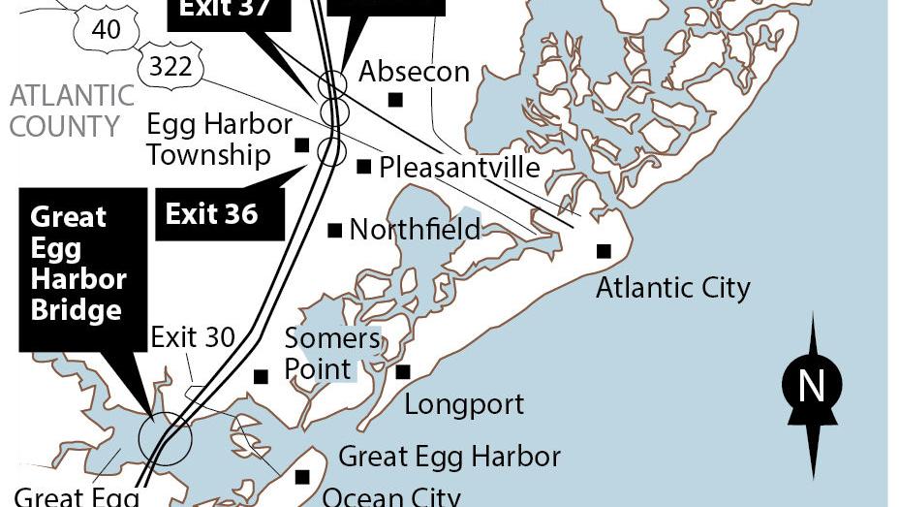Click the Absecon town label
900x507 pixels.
[x=414, y=72]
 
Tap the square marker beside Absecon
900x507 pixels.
[x=395, y=99]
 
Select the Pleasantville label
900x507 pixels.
[x=459, y=167]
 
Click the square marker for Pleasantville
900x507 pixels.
[x=364, y=167]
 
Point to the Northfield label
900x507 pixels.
[x=415, y=230]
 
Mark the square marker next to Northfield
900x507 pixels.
[x=335, y=231]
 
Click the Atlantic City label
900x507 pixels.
[x=672, y=288]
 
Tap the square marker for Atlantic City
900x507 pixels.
[x=604, y=251]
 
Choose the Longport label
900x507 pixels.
[x=463, y=403]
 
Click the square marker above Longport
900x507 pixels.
[x=403, y=372]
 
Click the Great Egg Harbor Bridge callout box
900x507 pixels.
[x=78, y=263]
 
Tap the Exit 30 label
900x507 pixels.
[x=193, y=337]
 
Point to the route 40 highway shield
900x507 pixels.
[x=105, y=28]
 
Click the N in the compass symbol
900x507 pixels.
[x=811, y=387]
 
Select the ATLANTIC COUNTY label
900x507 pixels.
[x=72, y=111]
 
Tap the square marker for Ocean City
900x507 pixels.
[x=302, y=476]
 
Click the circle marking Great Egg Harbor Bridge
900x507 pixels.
[x=166, y=438]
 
